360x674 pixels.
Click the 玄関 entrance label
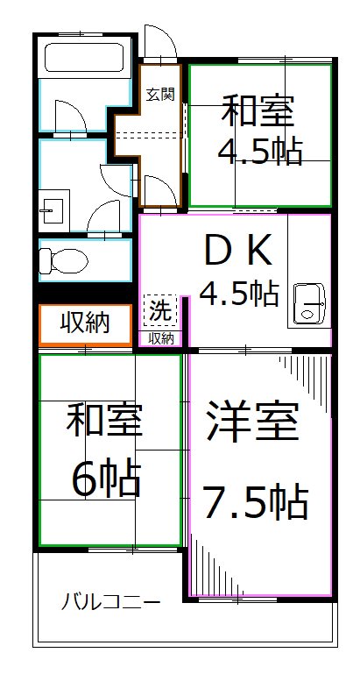[160, 94]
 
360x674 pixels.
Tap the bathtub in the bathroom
[84, 57]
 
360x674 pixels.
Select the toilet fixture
[63, 260]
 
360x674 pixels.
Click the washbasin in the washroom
[53, 211]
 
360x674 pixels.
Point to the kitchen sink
[309, 303]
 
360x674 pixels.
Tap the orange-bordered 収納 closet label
[85, 323]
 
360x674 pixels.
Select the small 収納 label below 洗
[161, 338]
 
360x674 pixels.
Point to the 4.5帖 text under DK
[240, 294]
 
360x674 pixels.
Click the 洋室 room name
[252, 420]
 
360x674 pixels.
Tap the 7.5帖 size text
[255, 501]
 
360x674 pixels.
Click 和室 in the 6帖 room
[104, 419]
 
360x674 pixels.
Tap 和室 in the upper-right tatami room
[258, 111]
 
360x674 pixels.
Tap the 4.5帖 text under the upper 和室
[260, 152]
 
